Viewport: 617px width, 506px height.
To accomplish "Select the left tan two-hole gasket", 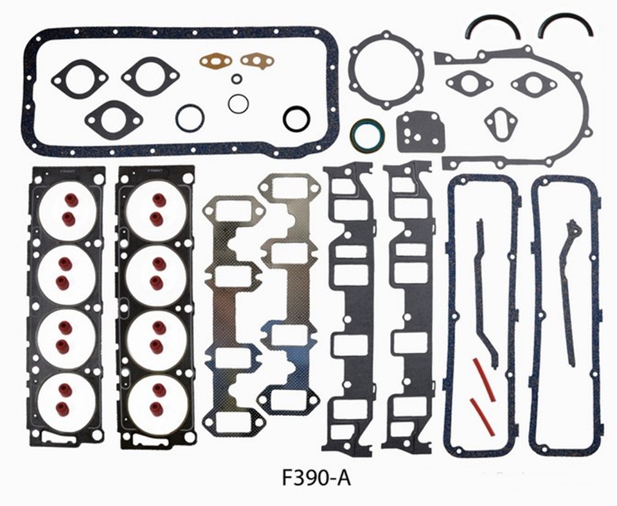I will tap(215, 60).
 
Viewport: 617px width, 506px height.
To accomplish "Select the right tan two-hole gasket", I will tap(257, 60).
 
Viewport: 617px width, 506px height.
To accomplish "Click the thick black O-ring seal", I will tap(296, 118).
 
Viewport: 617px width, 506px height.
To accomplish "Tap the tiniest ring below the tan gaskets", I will tap(237, 79).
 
